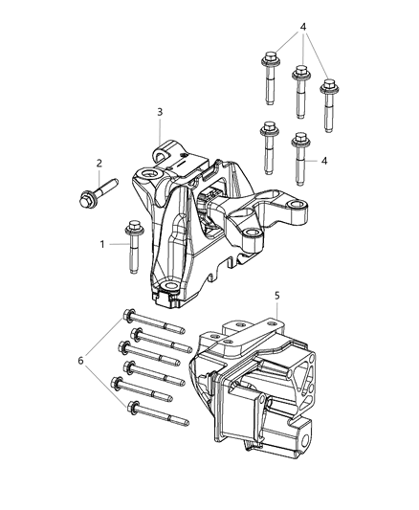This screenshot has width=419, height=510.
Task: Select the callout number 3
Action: (x=161, y=112)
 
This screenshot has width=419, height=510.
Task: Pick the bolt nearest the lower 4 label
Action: (x=300, y=153)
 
